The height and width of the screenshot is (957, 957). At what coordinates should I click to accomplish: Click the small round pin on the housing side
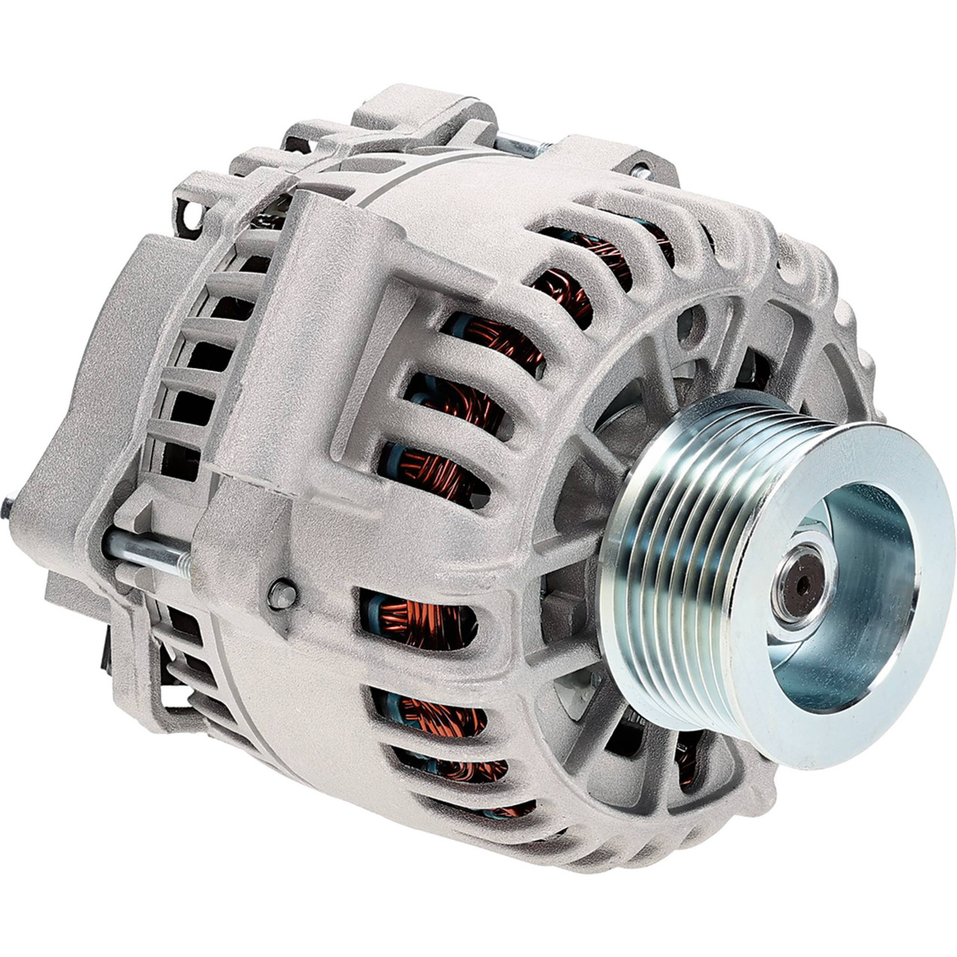[x=283, y=594]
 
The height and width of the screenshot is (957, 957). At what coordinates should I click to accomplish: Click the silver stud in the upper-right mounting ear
[x=640, y=170]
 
